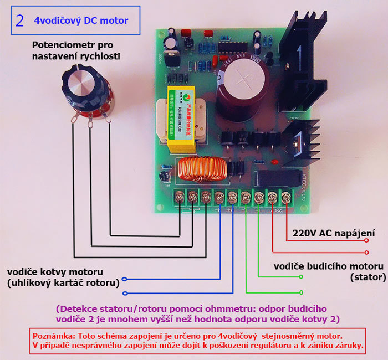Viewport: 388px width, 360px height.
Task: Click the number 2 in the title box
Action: tap(20, 20)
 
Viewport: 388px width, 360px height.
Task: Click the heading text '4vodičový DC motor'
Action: tap(81, 20)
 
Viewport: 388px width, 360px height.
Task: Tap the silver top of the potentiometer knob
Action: tap(80, 82)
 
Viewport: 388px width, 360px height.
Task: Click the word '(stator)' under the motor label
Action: tap(365, 276)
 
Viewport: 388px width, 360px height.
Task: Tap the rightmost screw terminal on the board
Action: tap(285, 196)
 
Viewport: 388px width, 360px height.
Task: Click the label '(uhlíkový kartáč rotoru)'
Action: tap(64, 282)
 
